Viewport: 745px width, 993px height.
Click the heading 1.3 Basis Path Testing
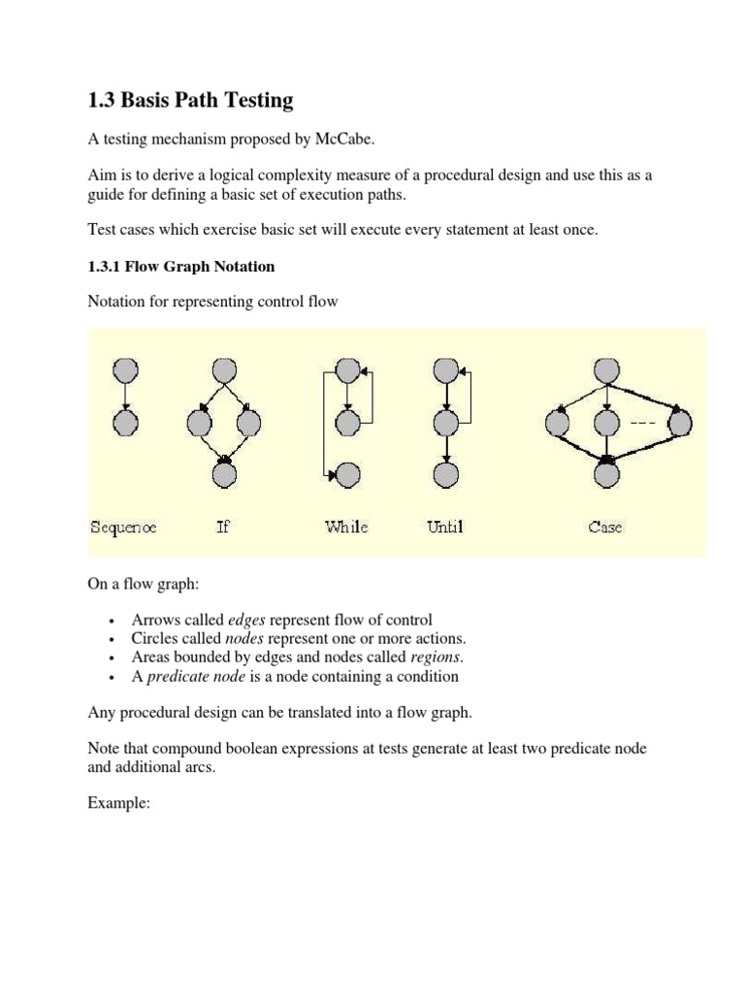(x=190, y=100)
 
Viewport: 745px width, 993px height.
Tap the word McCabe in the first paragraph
(x=342, y=140)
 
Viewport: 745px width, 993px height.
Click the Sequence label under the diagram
(x=123, y=528)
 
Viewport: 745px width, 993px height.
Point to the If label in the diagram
(x=223, y=528)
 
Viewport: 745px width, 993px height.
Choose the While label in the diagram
(x=346, y=528)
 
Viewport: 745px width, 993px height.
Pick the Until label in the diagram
(x=445, y=528)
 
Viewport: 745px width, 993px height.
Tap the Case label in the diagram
(x=605, y=528)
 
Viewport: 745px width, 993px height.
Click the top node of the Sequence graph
(x=125, y=369)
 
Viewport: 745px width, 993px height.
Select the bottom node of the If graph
(x=224, y=474)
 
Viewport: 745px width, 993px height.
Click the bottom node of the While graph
(x=347, y=474)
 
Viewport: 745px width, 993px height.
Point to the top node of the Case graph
(x=606, y=369)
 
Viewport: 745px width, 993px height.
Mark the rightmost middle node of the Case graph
(x=680, y=423)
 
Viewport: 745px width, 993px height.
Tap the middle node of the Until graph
(x=445, y=423)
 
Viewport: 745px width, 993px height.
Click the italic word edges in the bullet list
(x=247, y=620)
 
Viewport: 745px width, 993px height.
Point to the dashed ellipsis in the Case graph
(x=643, y=424)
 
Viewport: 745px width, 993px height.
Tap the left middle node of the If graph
(x=199, y=423)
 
